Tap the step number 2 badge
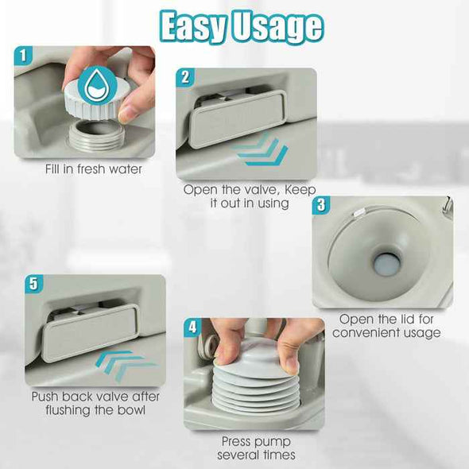coord(186,77)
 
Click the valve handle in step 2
coord(237,118)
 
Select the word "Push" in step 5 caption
coord(47,397)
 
